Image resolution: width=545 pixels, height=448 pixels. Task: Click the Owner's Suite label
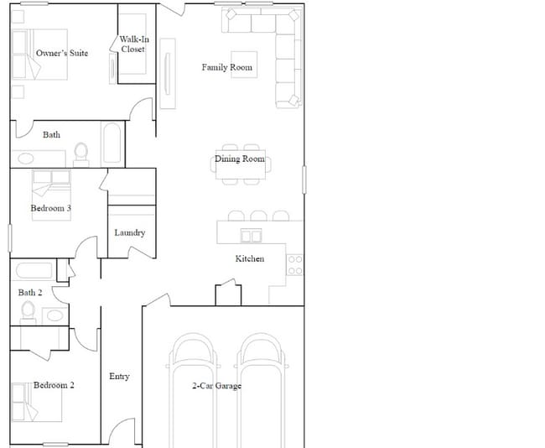(x=62, y=54)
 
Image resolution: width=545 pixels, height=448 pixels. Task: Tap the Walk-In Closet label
(x=132, y=44)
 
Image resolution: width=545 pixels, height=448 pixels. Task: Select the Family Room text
(x=226, y=68)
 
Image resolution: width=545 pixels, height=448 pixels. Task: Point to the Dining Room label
(x=240, y=159)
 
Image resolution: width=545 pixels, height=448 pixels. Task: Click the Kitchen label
(x=249, y=259)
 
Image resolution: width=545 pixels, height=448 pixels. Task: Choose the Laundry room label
(x=130, y=233)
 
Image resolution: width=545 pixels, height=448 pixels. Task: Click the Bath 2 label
(x=30, y=293)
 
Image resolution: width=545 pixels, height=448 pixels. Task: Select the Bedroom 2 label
(x=54, y=386)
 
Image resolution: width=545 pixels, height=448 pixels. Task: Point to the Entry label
(x=119, y=377)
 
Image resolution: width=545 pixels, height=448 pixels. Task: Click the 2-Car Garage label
(x=216, y=387)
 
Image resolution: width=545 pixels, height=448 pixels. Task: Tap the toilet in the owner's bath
(x=81, y=153)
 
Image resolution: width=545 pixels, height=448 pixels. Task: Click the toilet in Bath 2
(x=29, y=312)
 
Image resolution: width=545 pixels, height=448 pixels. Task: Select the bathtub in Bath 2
(x=37, y=271)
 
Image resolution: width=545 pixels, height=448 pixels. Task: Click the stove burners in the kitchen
(x=295, y=265)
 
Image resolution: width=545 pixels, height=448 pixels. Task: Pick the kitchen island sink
(x=252, y=236)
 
